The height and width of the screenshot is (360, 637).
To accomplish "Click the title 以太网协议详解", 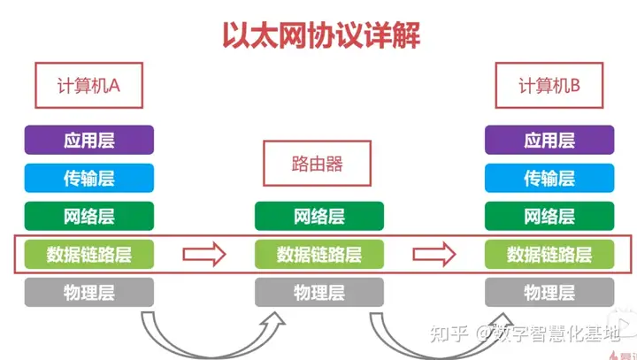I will pos(319,34).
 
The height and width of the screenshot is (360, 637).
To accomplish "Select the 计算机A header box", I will pos(88,85).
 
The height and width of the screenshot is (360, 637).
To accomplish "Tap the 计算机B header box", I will pos(549,85).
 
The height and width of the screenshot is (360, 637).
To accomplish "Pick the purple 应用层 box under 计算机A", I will pos(89,140).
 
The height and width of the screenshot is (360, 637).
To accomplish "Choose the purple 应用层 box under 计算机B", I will pos(549,140).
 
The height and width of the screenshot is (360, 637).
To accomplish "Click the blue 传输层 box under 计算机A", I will pos(89,178).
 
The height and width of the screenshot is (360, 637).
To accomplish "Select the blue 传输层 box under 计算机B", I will pos(549,178).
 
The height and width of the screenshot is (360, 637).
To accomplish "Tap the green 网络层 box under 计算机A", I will pos(89,217).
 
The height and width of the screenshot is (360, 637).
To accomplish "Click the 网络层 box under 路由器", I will pos(318,217).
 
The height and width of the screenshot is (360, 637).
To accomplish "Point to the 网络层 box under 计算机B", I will pos(549,217).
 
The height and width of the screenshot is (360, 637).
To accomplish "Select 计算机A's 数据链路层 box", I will pos(89,255).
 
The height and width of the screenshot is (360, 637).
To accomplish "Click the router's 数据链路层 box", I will pos(318,255).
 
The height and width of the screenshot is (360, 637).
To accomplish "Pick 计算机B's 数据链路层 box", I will pos(549,255).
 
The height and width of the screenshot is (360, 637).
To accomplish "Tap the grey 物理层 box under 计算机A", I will pos(89,292).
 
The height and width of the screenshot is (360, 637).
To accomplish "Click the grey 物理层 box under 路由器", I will pos(318,292).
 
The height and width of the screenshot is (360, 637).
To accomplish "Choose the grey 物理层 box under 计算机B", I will pos(549,292).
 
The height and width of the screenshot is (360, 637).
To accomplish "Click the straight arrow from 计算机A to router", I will pos(204,255).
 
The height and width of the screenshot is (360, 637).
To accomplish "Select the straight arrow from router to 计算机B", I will pos(434,255).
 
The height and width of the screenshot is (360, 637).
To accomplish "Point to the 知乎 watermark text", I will pos(448,333).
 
